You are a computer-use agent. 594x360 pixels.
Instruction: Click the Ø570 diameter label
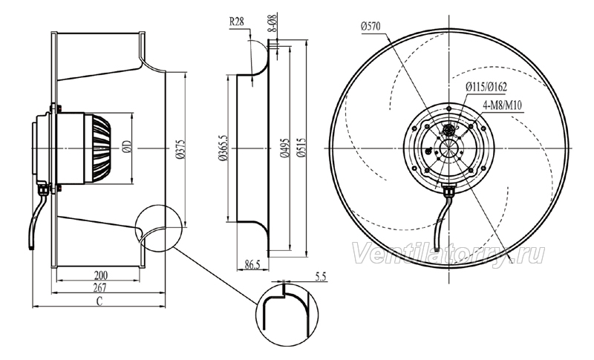(x=371, y=26)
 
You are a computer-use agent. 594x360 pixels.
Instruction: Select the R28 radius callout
(x=236, y=22)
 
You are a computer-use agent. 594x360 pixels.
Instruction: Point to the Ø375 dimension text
(x=180, y=148)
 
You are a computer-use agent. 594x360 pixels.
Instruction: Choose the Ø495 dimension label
(x=285, y=148)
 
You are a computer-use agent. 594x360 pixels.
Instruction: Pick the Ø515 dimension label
(x=302, y=148)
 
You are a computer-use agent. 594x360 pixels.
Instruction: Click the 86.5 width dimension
(x=252, y=264)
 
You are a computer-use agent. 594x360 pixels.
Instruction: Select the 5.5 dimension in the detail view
(x=321, y=277)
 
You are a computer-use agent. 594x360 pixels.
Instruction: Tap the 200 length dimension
(x=100, y=275)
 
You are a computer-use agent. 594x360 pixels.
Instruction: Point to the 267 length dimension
(x=99, y=288)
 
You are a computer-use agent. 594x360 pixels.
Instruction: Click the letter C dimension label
(x=99, y=301)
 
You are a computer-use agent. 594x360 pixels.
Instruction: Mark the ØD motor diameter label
(x=127, y=147)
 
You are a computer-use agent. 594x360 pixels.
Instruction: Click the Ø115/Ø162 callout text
(x=486, y=87)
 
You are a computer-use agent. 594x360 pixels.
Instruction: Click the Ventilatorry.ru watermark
(x=448, y=254)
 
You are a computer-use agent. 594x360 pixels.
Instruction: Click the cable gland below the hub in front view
(x=449, y=192)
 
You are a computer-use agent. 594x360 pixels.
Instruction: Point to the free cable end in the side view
(x=31, y=246)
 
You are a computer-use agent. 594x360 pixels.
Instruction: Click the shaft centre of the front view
(x=449, y=148)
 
